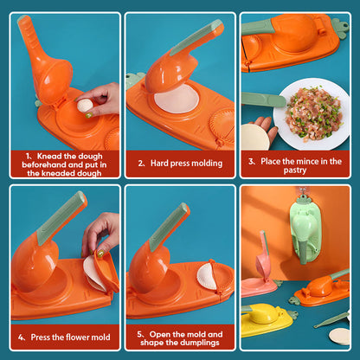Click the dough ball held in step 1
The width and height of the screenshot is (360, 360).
coord(85,106)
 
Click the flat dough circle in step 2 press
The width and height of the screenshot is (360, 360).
coord(176,100)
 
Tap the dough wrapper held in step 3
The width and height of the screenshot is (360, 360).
coord(254,137)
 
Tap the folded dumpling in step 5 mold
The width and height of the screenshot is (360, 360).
coord(207,277)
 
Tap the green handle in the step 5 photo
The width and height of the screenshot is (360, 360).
coord(170,228)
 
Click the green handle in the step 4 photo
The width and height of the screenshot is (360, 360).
coord(64,216)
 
